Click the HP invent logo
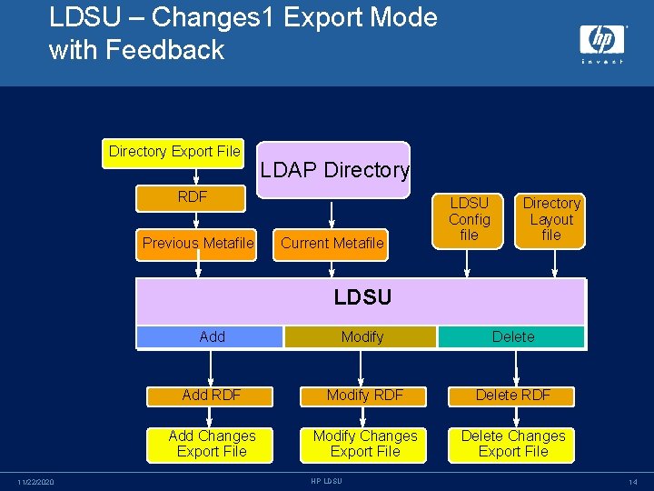601,42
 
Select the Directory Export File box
174,152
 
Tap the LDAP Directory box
333,169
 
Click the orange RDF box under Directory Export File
192,196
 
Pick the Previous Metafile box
197,243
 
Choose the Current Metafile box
332,243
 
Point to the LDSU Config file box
469,219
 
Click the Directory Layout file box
551,219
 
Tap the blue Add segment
211,336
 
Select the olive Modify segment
362,336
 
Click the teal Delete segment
512,336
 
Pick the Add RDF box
211,395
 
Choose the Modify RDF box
363,395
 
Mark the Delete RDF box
512,395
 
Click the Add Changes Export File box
212,444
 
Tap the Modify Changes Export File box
364,444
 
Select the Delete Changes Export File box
512,444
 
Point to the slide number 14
632,481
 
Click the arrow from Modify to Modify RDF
362,366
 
